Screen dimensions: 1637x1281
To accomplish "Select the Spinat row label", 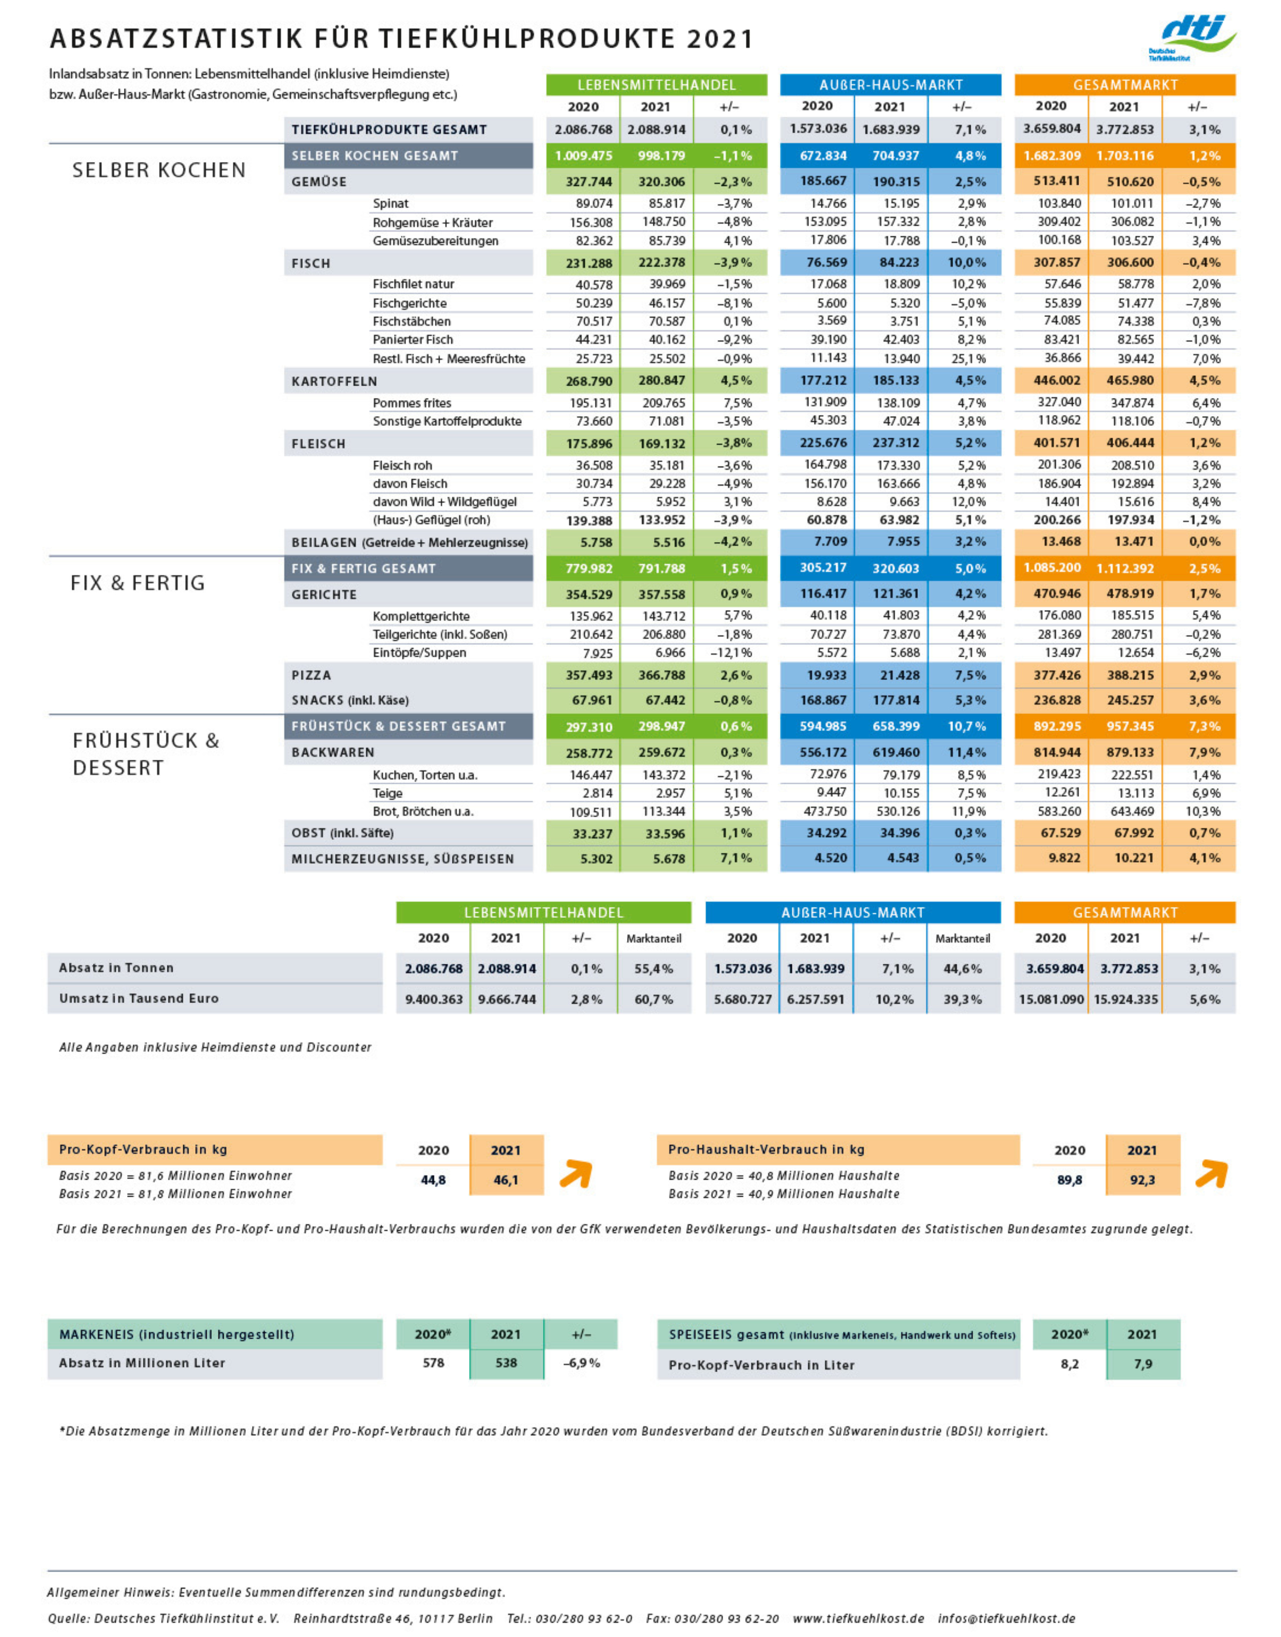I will (x=390, y=204).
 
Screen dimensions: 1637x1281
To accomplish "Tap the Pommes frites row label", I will (x=412, y=403).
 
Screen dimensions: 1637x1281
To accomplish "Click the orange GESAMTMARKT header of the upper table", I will (x=1124, y=85).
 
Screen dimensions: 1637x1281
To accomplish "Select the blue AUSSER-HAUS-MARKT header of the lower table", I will (x=853, y=913).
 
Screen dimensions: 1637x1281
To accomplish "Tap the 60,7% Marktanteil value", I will (x=653, y=1000).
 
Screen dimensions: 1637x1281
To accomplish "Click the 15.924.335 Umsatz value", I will (x=1125, y=1000).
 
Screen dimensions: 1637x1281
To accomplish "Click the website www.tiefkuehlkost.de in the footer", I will (x=858, y=1618).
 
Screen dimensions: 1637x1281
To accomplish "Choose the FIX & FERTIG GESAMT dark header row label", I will (x=364, y=569).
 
